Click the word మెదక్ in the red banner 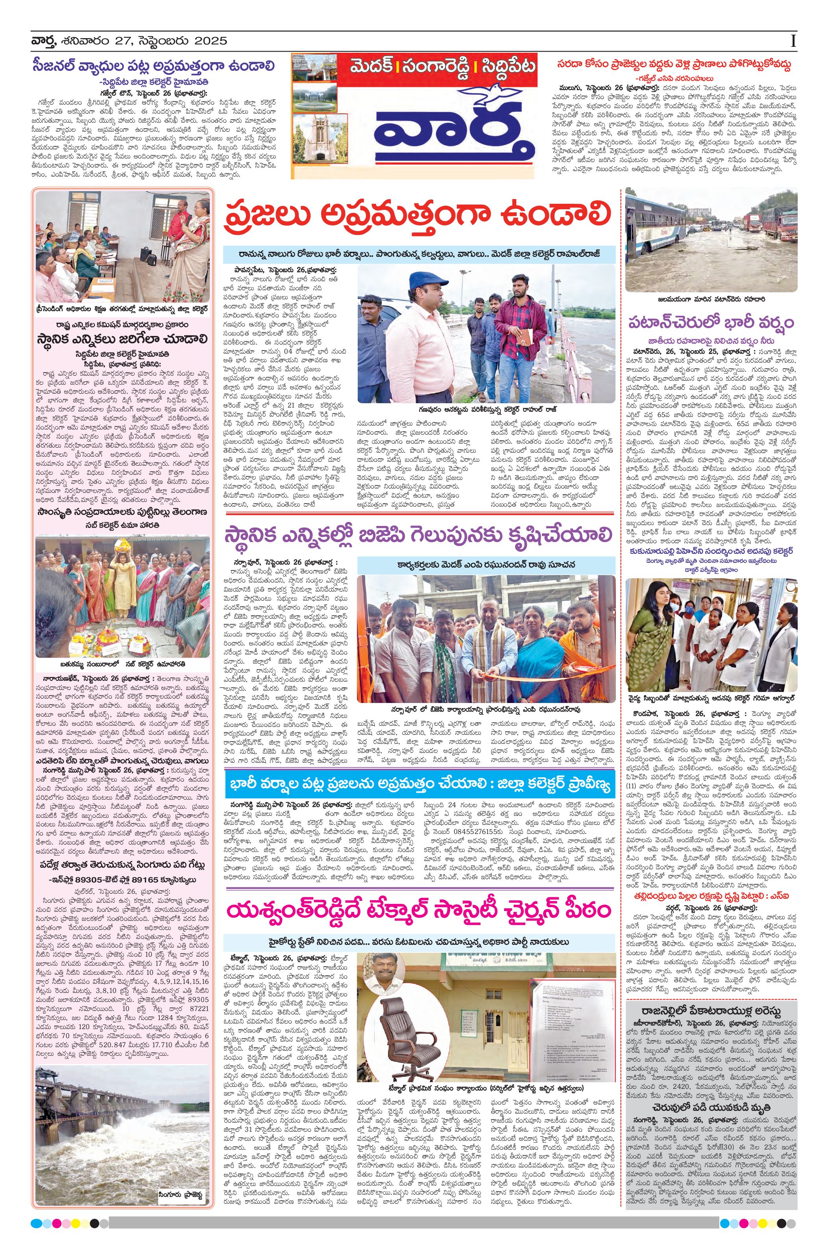(371, 68)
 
